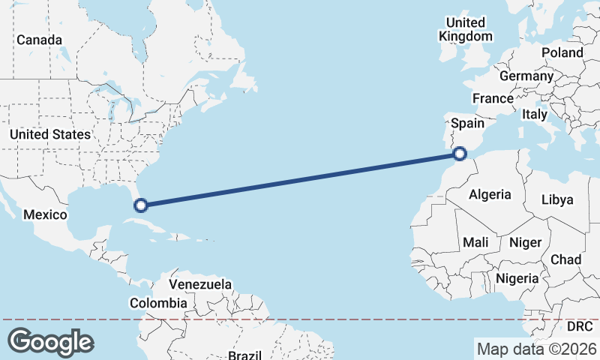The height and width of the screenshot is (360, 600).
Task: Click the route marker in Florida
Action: (139, 204)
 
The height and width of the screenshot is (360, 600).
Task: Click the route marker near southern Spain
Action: (460, 154)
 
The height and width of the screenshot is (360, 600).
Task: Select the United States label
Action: (49, 134)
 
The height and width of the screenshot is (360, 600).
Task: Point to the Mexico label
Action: (45, 214)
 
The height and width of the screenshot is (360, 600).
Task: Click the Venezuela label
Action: (199, 284)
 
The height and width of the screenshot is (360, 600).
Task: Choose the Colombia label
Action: (158, 303)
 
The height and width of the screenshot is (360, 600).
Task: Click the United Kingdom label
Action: (466, 29)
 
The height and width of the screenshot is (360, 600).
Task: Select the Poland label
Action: (562, 52)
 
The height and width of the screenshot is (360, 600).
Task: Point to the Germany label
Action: (526, 76)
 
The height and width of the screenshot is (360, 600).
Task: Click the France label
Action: (493, 98)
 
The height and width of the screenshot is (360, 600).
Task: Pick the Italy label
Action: (535, 114)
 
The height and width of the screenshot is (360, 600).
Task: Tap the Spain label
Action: (466, 123)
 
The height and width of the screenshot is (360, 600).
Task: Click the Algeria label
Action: (490, 194)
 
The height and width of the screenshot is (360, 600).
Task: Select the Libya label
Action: (556, 199)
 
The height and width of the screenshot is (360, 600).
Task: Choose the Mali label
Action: (475, 242)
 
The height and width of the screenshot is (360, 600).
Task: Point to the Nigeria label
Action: (517, 278)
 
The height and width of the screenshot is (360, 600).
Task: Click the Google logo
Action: (50, 341)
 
